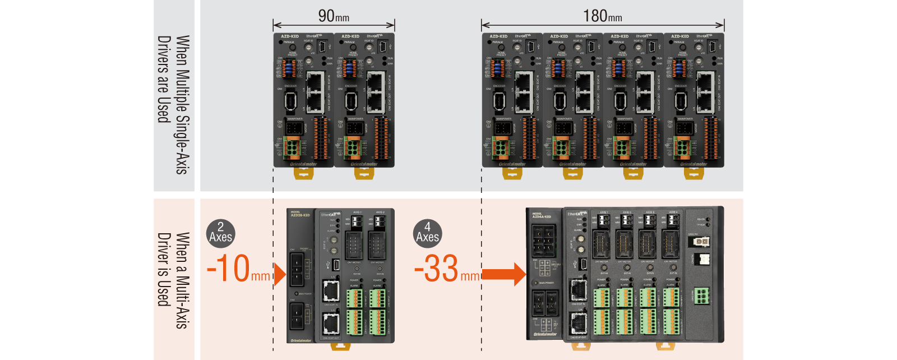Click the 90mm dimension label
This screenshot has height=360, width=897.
pos(334,16)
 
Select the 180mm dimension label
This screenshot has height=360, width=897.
pos(602,16)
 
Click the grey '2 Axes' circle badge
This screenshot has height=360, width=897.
pos(220,233)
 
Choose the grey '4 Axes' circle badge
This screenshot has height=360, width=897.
pos(427,233)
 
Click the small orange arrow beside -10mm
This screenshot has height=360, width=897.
pos(280,274)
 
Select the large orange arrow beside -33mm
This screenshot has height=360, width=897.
pos(503,274)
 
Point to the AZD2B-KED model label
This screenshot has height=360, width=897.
pos(300,214)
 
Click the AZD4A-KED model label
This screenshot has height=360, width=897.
pos(541,215)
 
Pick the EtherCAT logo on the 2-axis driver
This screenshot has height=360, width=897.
pos(330,214)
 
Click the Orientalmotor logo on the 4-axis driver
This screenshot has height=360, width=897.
pos(545,334)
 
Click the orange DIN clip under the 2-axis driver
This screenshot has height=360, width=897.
pos(340,346)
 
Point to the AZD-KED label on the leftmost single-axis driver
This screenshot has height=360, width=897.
pos(290,36)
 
